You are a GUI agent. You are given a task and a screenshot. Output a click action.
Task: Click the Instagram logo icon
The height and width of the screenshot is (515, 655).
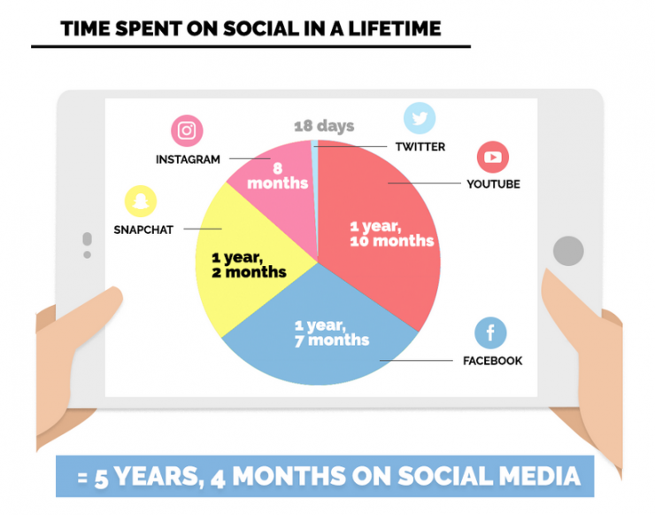tap(187, 131)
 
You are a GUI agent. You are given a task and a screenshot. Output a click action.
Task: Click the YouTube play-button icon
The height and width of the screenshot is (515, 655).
tap(492, 157)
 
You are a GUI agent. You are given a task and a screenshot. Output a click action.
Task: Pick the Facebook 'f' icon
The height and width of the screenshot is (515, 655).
tap(490, 333)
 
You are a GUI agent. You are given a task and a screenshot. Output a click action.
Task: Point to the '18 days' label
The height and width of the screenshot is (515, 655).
tap(324, 126)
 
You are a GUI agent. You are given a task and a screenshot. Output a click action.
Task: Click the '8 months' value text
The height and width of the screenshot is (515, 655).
tap(278, 176)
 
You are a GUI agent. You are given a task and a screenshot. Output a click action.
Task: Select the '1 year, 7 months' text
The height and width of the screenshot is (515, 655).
tap(332, 333)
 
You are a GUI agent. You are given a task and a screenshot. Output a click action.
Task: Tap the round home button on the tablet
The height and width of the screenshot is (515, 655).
tap(568, 251)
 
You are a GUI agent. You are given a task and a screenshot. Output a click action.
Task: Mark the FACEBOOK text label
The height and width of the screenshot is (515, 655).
tap(492, 361)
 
